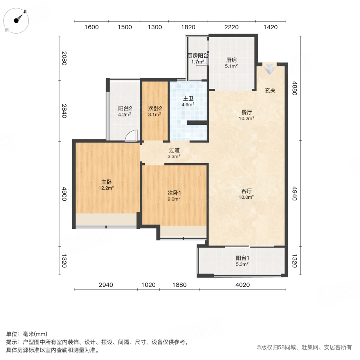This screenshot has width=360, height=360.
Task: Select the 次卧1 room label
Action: pyautogui.click(x=174, y=192)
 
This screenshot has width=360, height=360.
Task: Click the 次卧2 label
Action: pyautogui.click(x=155, y=108)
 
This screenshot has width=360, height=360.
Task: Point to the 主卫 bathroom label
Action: pyautogui.click(x=188, y=98)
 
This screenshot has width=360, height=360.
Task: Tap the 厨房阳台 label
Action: pyautogui.click(x=198, y=56)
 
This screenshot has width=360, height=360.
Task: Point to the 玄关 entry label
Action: pyautogui.click(x=270, y=90)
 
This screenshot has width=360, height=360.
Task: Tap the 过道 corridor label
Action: pyautogui.click(x=174, y=150)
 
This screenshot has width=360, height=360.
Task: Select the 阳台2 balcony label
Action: pyautogui.click(x=125, y=108)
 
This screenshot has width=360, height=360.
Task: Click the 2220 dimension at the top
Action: pyautogui.click(x=231, y=27)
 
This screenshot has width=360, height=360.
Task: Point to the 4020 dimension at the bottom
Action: pyautogui.click(x=242, y=285)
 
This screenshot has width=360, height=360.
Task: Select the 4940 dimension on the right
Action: pyautogui.click(x=295, y=192)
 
